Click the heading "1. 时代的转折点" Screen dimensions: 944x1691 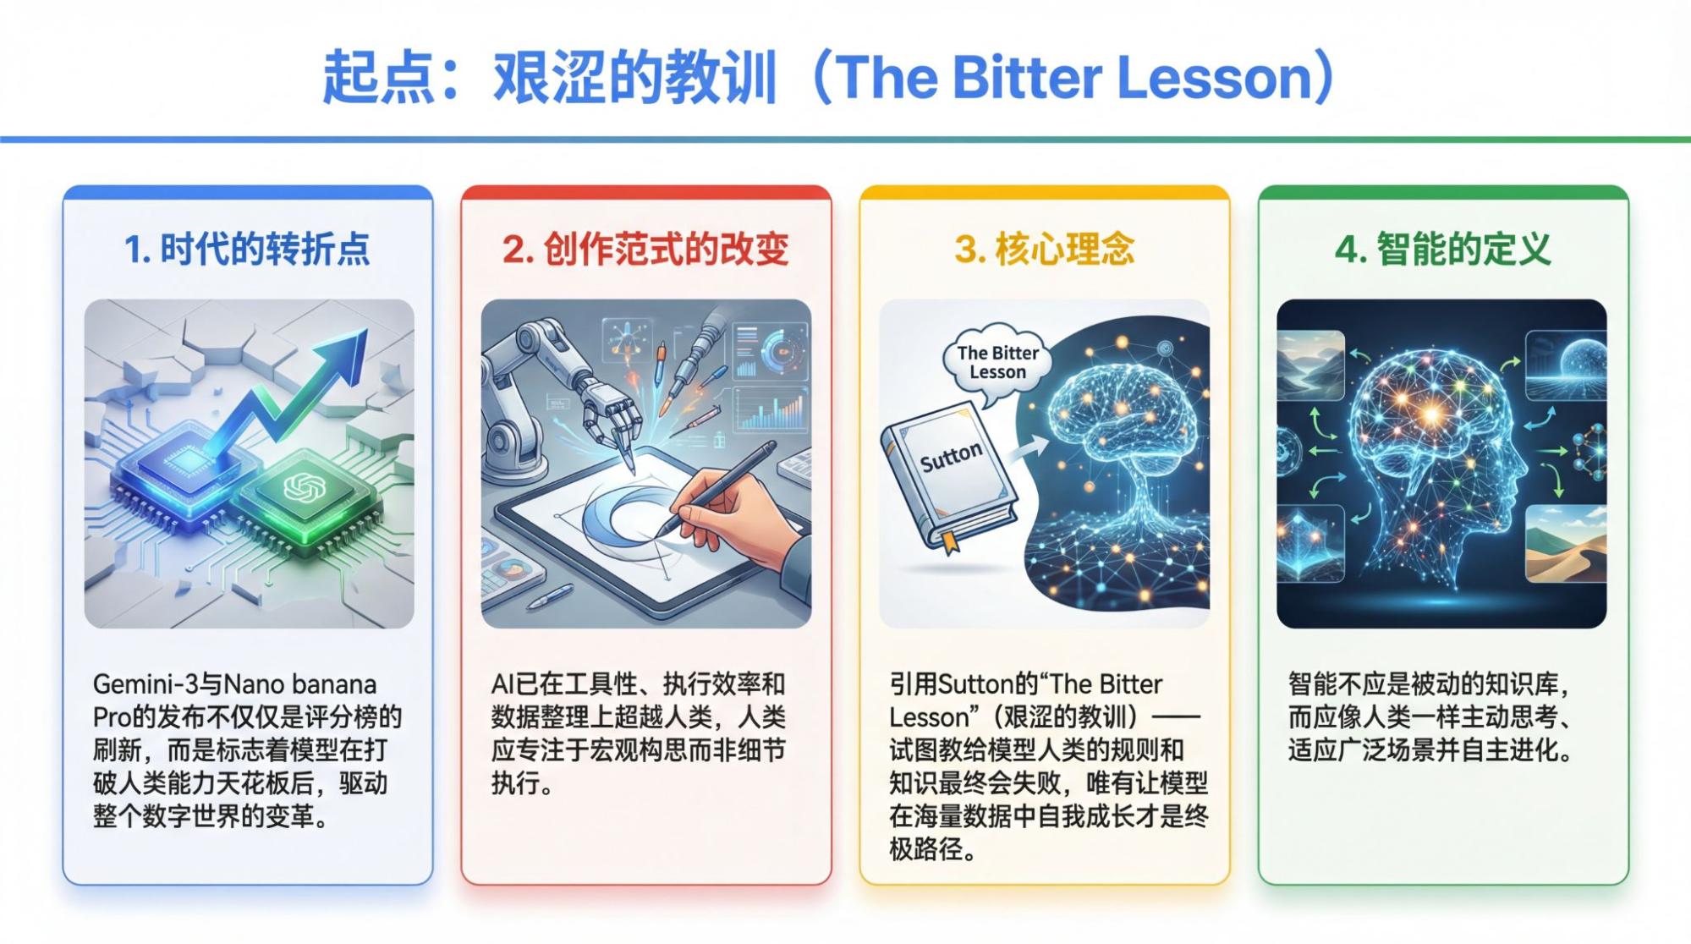[247, 250]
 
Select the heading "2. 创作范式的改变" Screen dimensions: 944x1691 [645, 250]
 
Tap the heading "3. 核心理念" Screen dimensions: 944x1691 [1044, 250]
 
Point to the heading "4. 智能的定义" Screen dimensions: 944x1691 [1442, 250]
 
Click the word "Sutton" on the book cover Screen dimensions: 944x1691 [951, 457]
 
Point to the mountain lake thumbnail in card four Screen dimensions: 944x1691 [1310, 365]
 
